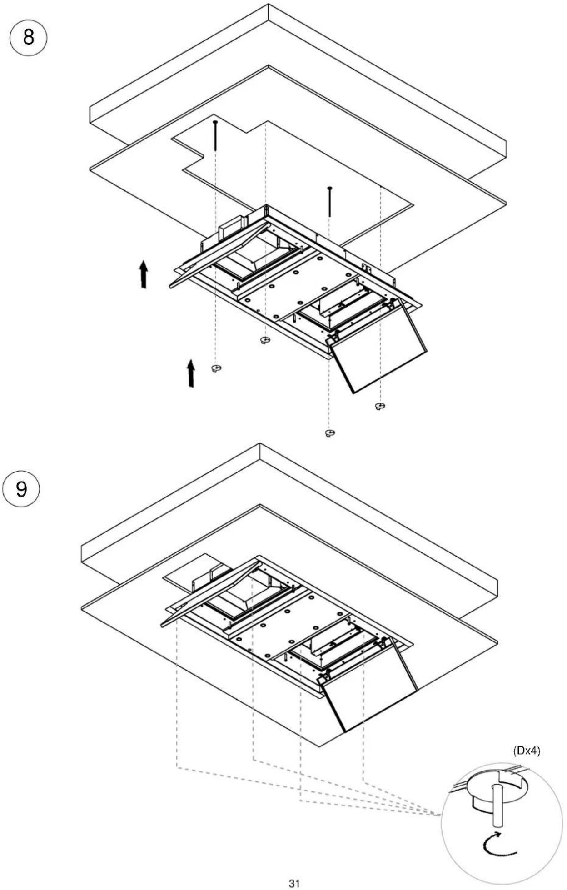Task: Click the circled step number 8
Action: [28, 37]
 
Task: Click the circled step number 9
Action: [21, 488]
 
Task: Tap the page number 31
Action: [294, 883]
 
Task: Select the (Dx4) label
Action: [527, 751]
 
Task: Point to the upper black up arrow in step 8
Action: [144, 274]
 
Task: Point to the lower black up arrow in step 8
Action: [191, 373]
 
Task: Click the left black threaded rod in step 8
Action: [215, 135]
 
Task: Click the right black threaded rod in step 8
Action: [329, 201]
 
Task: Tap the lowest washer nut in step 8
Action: [330, 433]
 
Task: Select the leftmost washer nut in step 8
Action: [216, 368]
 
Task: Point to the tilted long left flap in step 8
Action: [218, 254]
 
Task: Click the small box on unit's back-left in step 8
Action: [231, 229]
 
